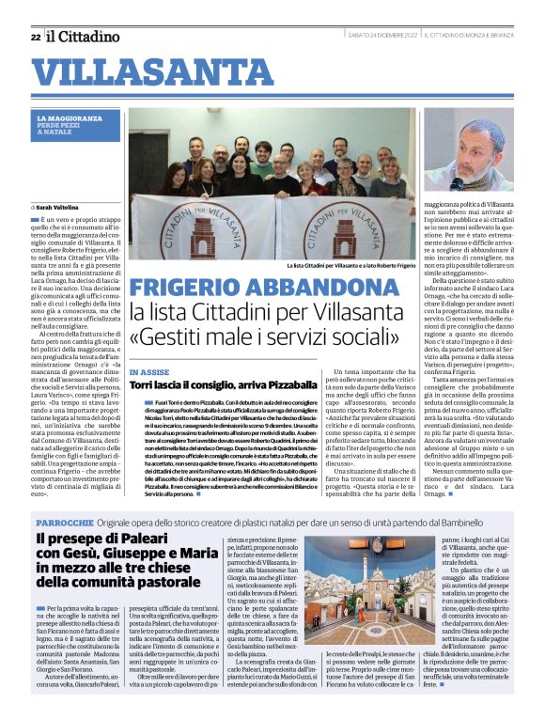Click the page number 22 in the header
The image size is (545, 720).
pyautogui.click(x=35, y=37)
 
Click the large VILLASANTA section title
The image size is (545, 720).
pyautogui.click(x=140, y=72)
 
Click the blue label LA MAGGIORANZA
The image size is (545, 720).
pyautogui.click(x=70, y=118)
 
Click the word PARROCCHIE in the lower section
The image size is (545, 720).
pyautogui.click(x=65, y=521)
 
